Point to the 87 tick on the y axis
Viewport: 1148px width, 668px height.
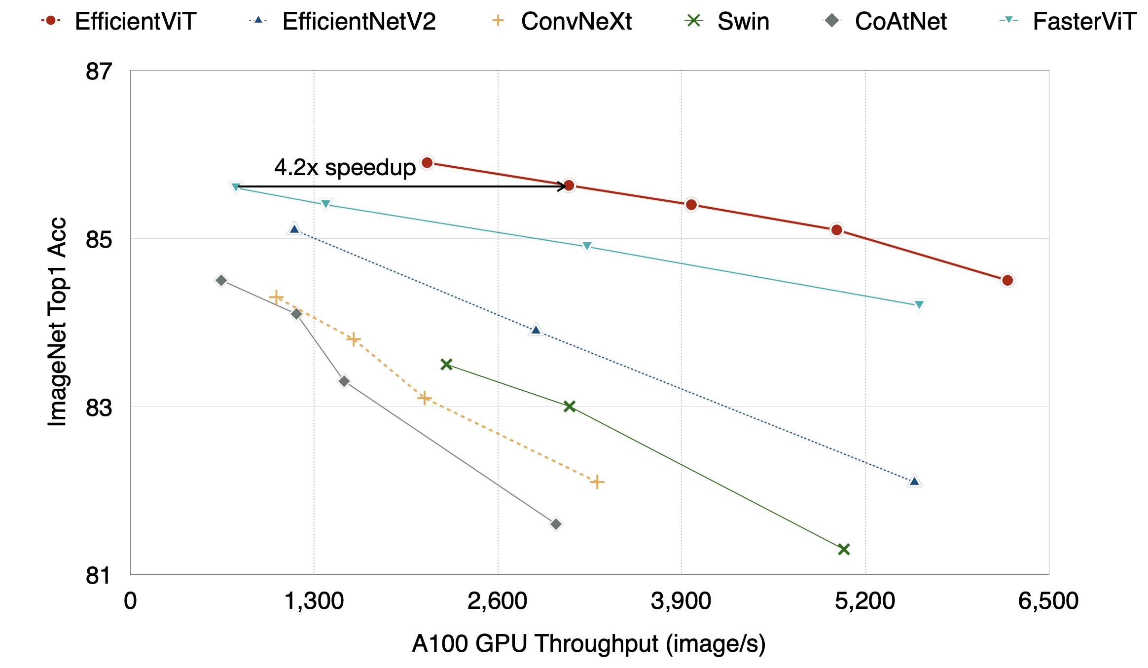point(99,72)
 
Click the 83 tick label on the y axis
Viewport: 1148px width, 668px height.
point(99,408)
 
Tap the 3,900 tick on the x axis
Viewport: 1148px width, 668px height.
point(681,601)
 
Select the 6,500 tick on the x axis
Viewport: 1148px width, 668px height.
point(1048,601)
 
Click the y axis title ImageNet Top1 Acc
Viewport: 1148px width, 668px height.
point(57,322)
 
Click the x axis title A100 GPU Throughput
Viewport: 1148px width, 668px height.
point(589,644)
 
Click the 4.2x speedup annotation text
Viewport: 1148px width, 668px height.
point(345,168)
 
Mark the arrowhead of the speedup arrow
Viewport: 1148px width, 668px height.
point(564,186)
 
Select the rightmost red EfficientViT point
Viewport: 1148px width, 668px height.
point(1007,280)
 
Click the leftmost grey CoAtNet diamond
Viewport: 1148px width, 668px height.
point(221,280)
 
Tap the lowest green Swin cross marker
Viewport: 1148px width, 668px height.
point(844,549)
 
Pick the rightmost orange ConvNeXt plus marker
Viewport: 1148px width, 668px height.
point(597,482)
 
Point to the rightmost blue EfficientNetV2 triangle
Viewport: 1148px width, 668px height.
point(915,481)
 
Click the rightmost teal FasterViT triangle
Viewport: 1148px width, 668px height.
point(919,305)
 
